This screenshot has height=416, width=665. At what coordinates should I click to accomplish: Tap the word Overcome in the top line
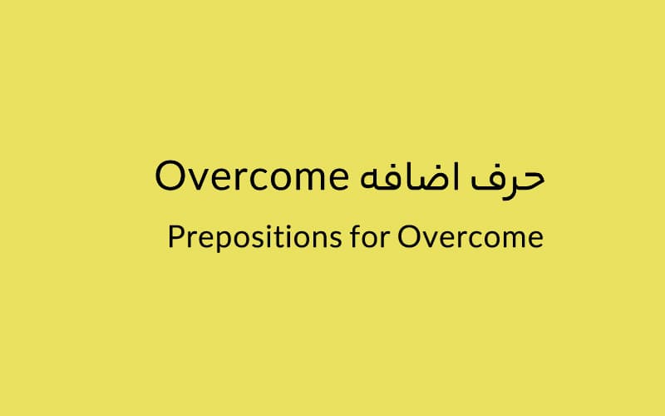click(x=252, y=176)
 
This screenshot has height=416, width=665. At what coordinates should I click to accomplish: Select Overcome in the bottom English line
click(x=470, y=236)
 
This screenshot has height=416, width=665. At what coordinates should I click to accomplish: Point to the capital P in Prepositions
click(x=176, y=236)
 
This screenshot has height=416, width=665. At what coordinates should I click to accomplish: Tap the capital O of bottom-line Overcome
click(x=409, y=236)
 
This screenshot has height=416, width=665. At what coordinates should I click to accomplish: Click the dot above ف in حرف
click(x=482, y=165)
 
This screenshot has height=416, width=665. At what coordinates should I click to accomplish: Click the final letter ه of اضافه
click(x=369, y=181)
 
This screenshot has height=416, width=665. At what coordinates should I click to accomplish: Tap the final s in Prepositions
click(x=335, y=240)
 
